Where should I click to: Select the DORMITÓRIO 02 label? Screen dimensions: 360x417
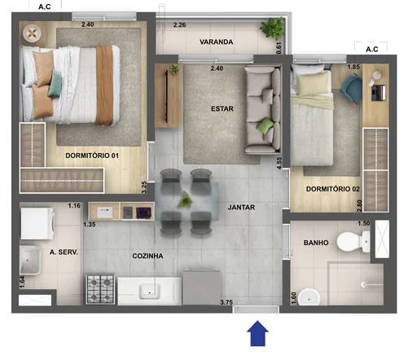[333, 189]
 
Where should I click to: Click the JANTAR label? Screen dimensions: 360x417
[241, 208]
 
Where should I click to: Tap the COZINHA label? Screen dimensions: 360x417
[147, 256]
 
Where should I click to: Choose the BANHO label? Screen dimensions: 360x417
[315, 243]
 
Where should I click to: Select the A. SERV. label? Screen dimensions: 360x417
[64, 252]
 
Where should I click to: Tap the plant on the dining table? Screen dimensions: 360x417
[187, 199]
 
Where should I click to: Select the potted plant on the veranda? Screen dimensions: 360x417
[268, 29]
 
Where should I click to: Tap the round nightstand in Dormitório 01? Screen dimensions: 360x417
[33, 33]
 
